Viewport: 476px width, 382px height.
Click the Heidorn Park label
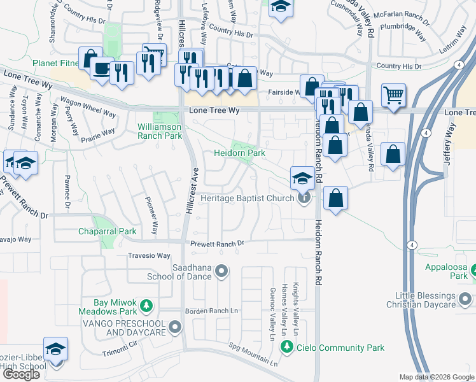[x=239, y=153]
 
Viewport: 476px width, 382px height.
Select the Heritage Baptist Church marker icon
[x=305, y=198]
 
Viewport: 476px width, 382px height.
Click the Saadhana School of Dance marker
[x=221, y=272]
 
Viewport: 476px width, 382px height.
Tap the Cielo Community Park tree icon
[x=288, y=348]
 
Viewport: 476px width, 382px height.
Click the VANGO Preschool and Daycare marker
[x=176, y=328]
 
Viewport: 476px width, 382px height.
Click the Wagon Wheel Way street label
[x=88, y=108]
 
